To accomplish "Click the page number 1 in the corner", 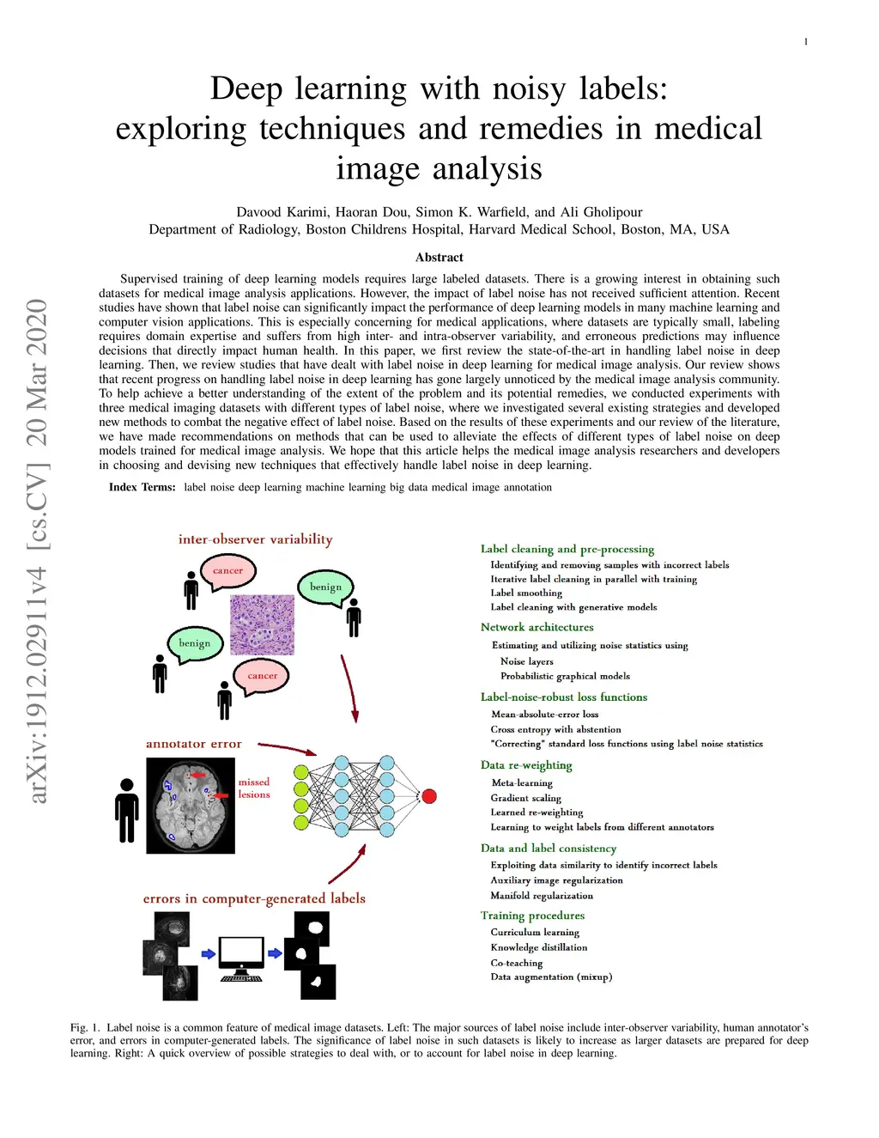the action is [806, 42].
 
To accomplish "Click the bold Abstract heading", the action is [439, 257].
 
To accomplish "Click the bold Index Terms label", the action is [142, 487].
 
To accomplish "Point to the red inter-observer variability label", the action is [255, 539].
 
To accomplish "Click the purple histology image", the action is [262, 624].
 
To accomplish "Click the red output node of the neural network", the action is [429, 796].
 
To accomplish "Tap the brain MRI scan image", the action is [191, 806].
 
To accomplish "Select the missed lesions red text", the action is [254, 788].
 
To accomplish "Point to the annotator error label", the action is [194, 744].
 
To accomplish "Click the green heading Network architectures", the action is [536, 627].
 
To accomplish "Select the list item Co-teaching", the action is [517, 963].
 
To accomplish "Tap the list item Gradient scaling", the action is [526, 798].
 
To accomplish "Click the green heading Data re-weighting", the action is [526, 765].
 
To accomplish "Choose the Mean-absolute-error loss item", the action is [545, 714].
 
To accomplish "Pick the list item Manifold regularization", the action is [542, 896].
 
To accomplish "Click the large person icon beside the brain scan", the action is [127, 810].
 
